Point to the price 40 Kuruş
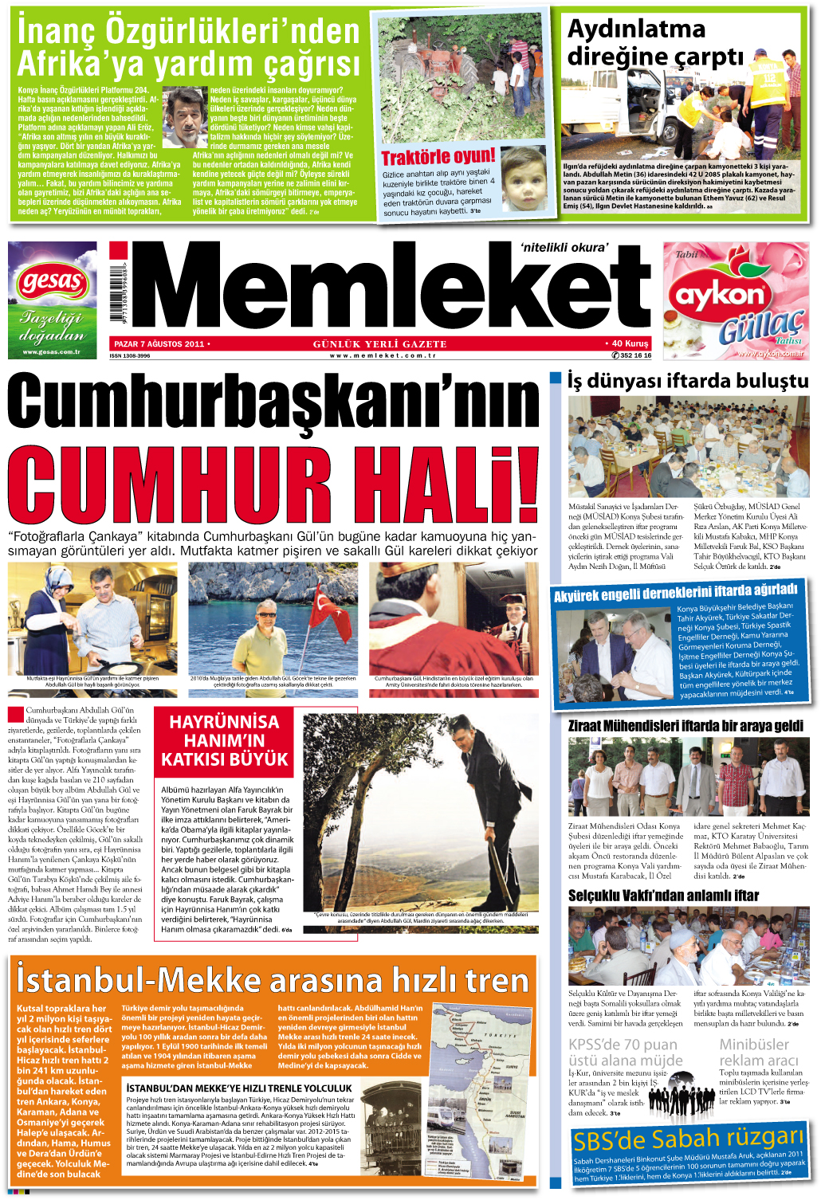(x=629, y=344)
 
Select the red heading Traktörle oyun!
(x=438, y=157)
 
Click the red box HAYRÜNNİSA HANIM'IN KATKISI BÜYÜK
(x=224, y=741)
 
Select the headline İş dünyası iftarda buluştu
(x=687, y=381)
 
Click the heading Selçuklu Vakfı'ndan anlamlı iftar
(x=663, y=896)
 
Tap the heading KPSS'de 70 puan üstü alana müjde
(x=625, y=1052)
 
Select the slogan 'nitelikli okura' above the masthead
(x=564, y=247)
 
